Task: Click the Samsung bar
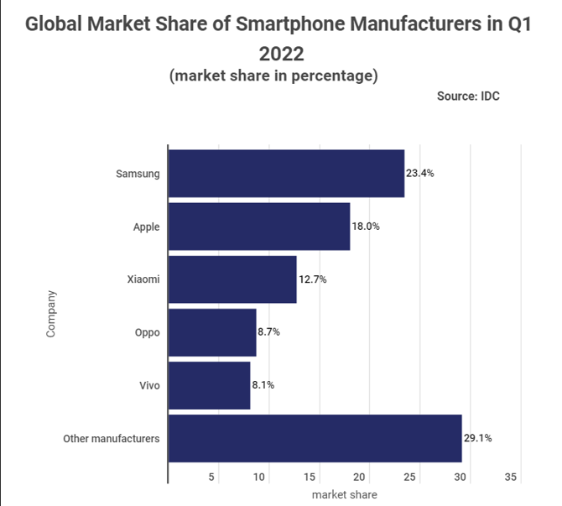[x=286, y=174]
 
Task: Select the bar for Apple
[x=259, y=227]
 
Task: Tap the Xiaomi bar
[x=232, y=279]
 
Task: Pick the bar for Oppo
[x=212, y=332]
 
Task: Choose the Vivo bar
[x=209, y=385]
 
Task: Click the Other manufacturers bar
[x=315, y=438]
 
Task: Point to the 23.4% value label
[x=420, y=174]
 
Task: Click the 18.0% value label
[x=366, y=227]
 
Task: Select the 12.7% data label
[x=312, y=279]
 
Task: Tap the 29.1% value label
[x=477, y=438]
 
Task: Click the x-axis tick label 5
[x=212, y=477]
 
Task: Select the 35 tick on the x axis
[x=510, y=477]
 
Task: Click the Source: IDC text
[x=468, y=96]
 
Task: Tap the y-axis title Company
[x=51, y=313]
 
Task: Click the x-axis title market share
[x=344, y=494]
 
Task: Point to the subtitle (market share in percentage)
[x=273, y=76]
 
